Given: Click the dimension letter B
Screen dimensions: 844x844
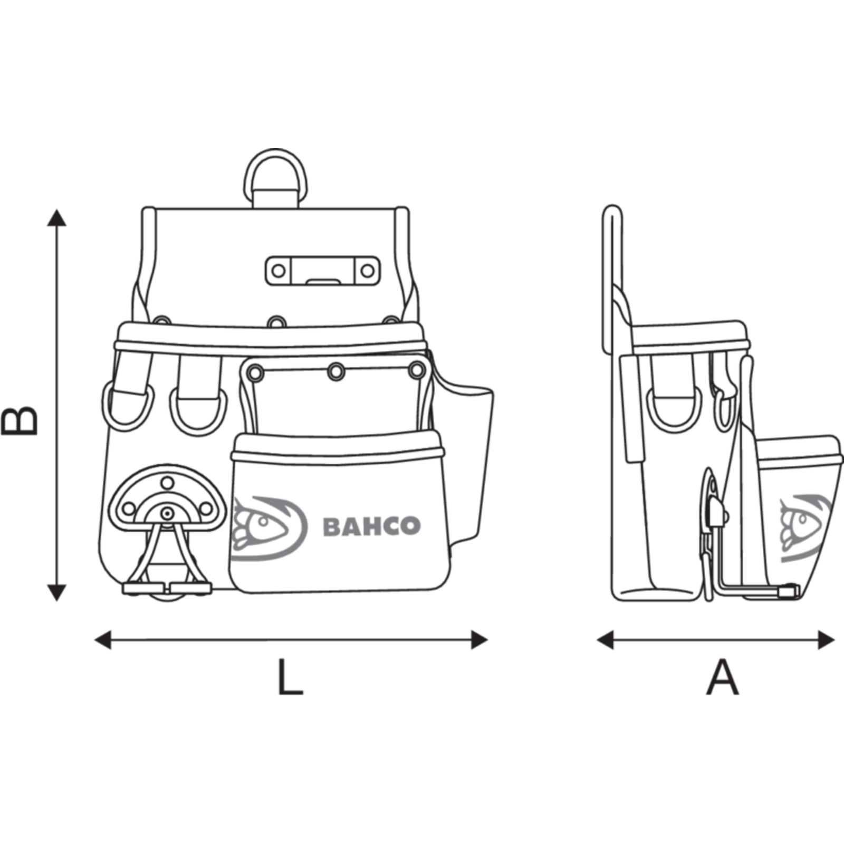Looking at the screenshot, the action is [20, 420].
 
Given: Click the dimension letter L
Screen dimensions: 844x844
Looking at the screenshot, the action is [290, 677].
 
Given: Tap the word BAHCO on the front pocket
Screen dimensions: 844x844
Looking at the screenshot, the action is [371, 526].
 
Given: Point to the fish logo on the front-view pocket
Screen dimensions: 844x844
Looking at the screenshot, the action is [269, 527].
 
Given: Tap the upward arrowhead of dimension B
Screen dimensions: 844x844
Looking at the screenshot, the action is [56, 217].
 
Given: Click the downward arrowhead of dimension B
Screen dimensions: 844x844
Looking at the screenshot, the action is [56, 593].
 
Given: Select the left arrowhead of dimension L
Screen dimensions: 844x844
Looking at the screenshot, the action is [103, 640].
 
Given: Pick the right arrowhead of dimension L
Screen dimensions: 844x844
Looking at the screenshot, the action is [479, 640].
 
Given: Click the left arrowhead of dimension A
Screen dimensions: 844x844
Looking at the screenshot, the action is [605, 640].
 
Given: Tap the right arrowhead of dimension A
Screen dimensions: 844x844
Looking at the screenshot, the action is [826, 640].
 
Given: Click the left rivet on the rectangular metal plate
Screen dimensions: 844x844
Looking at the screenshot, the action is [278, 271].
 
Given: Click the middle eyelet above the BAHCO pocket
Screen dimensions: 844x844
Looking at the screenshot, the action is [336, 371].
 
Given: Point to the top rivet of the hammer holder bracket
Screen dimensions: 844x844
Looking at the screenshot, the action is [167, 483].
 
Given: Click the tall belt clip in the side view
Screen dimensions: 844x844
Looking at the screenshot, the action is [612, 280].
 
